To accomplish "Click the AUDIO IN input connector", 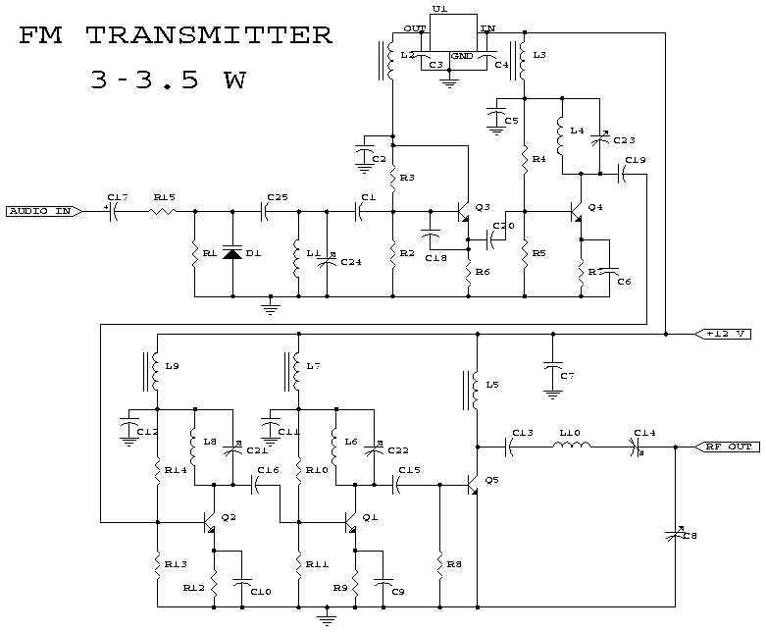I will click(39, 211).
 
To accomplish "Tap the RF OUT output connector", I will click(727, 447).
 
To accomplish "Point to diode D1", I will click(232, 253).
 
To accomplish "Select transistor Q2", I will click(211, 522).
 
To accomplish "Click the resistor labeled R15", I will click(163, 211).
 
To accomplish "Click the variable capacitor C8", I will click(676, 533).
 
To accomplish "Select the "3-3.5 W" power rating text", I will click(167, 79).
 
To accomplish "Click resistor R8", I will click(439, 564).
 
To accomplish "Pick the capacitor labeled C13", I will click(509, 447).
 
